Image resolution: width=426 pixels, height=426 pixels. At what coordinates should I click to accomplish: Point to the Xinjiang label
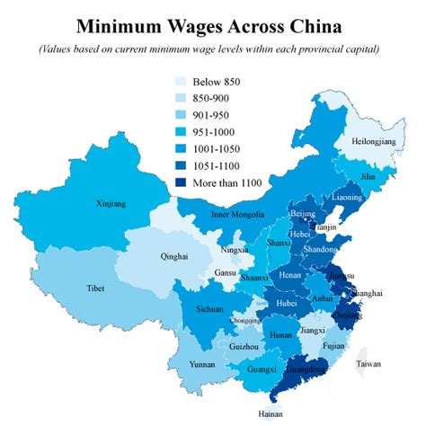[111, 204]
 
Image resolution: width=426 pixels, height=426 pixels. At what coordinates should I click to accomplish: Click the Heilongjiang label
[371, 143]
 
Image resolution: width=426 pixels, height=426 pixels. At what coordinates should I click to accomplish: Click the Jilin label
[368, 177]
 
